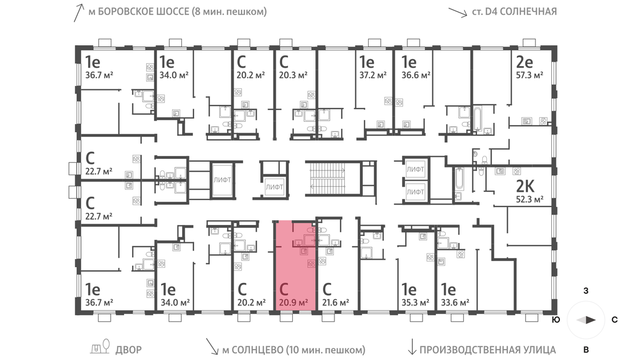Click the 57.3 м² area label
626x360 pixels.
tap(529, 75)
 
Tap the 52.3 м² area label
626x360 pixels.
tap(529, 199)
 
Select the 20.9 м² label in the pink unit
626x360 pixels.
tap(293, 303)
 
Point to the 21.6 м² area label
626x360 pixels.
tap(336, 303)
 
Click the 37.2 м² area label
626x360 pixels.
tap(373, 75)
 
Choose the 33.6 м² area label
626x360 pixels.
tap(455, 303)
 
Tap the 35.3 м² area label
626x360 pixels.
tap(415, 303)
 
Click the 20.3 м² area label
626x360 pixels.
tap(293, 75)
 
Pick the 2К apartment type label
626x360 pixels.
tap(525, 186)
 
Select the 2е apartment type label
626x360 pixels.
tap(525, 62)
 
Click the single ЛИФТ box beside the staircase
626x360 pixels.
tap(274, 187)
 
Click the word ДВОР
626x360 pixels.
tap(129, 350)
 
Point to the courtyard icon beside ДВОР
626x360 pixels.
tap(100, 347)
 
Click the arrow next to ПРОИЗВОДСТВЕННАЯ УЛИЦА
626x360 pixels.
tap(412, 347)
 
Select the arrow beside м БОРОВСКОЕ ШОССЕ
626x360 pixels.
tap(79, 13)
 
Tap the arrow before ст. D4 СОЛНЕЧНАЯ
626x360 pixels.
tap(457, 12)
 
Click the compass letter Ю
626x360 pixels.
tap(555, 319)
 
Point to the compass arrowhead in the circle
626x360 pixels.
tap(586, 319)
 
